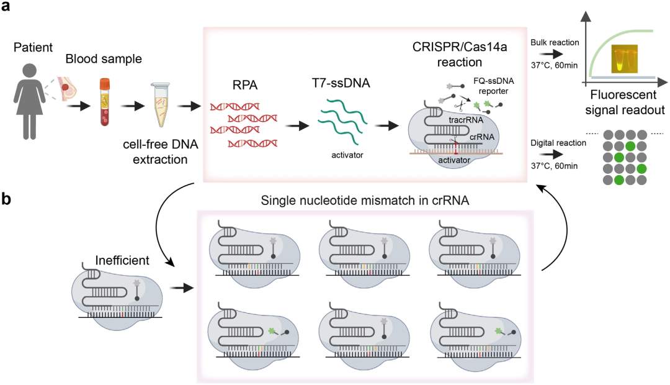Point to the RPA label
234,82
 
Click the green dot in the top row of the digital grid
630,146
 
